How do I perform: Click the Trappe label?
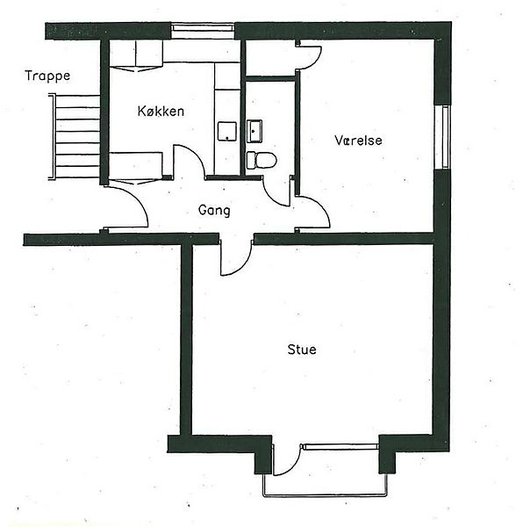[x=47, y=76]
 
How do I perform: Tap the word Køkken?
[x=161, y=112]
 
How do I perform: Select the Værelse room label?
[x=359, y=141]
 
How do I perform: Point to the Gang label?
[x=214, y=211]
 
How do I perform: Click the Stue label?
[x=302, y=350]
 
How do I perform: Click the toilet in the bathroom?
[x=261, y=160]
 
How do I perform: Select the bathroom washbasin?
[x=254, y=131]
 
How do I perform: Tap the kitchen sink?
[x=227, y=132]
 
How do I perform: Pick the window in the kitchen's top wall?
[x=203, y=31]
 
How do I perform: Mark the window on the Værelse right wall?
[x=442, y=137]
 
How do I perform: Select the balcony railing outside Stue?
[x=325, y=495]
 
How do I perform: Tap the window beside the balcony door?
[x=340, y=447]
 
